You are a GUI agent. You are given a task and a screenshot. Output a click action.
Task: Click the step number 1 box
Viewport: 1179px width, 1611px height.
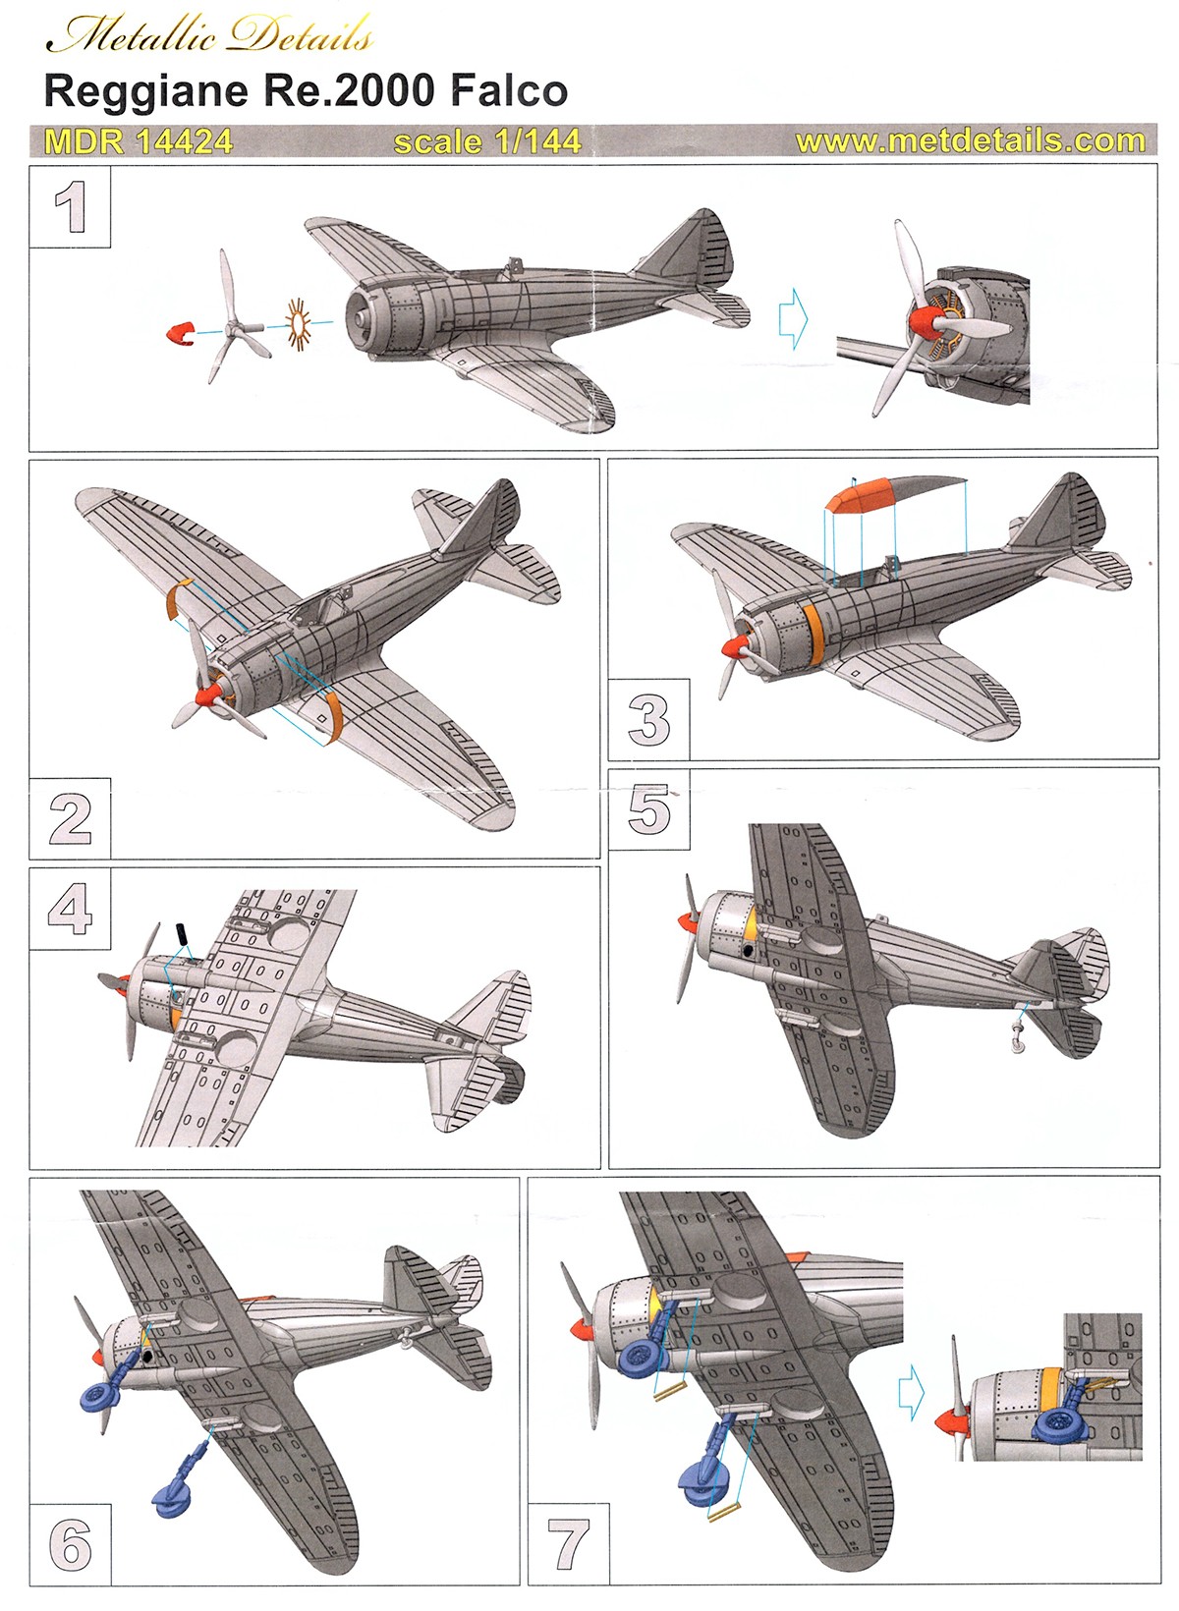tap(70, 208)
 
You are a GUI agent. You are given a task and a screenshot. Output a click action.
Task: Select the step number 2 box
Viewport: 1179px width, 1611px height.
tap(70, 818)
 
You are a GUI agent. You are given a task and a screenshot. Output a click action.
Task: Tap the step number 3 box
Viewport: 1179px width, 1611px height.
tap(648, 720)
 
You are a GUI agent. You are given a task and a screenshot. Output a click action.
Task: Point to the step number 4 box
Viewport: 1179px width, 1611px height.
tap(70, 909)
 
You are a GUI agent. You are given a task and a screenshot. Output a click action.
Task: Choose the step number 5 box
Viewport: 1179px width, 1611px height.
tap(649, 809)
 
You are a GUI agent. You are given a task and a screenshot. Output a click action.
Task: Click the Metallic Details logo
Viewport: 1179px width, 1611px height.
tap(210, 35)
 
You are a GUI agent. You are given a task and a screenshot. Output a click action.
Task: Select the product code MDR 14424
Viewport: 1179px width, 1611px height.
tap(139, 141)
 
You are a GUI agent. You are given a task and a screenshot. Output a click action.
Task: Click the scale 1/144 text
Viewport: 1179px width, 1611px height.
tap(487, 141)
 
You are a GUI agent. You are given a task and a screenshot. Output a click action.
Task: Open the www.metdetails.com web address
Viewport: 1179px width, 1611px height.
tap(970, 140)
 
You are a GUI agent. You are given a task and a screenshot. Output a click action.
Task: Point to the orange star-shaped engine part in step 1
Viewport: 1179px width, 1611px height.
tap(298, 322)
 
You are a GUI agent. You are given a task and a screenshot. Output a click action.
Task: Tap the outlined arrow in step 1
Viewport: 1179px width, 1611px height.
tap(793, 318)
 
